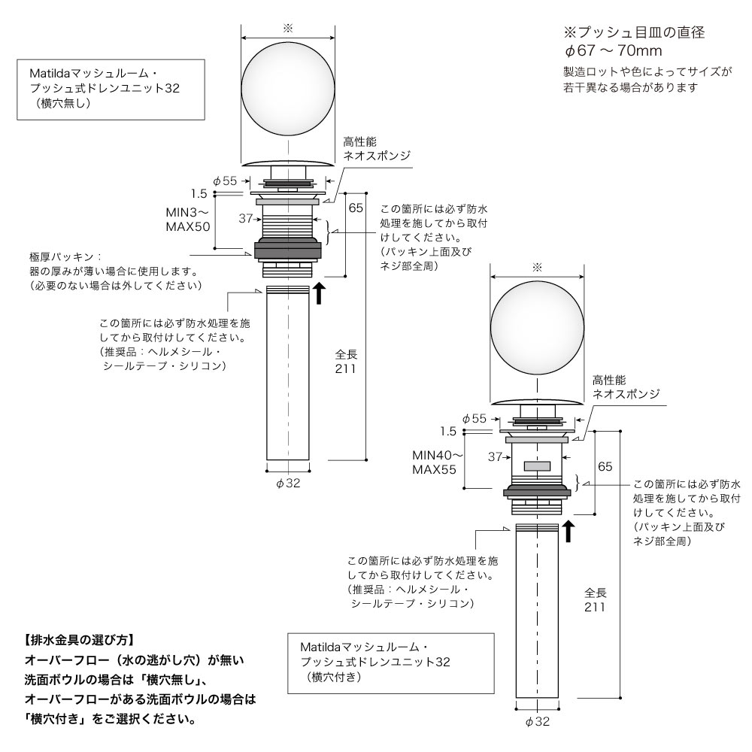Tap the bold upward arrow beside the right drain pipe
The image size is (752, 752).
pyautogui.click(x=569, y=532)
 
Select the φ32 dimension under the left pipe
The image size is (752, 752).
pyautogui.click(x=288, y=484)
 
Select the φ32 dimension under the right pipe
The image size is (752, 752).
pyautogui.click(x=538, y=722)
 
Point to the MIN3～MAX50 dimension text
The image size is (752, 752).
pyautogui.click(x=188, y=219)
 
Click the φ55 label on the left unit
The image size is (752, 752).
pyautogui.click(x=225, y=180)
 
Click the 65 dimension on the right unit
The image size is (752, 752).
pyautogui.click(x=605, y=466)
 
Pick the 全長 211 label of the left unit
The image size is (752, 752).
pyautogui.click(x=346, y=362)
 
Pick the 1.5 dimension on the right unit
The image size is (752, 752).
pyautogui.click(x=448, y=432)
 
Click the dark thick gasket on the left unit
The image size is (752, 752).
pyautogui.click(x=288, y=250)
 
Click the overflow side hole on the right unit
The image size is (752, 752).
pyautogui.click(x=537, y=465)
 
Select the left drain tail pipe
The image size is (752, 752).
pyautogui.click(x=288, y=373)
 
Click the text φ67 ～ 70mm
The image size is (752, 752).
pyautogui.click(x=613, y=50)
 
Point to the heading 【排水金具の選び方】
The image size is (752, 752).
pyautogui.click(x=80, y=640)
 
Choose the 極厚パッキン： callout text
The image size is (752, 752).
pyautogui.click(x=65, y=257)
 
